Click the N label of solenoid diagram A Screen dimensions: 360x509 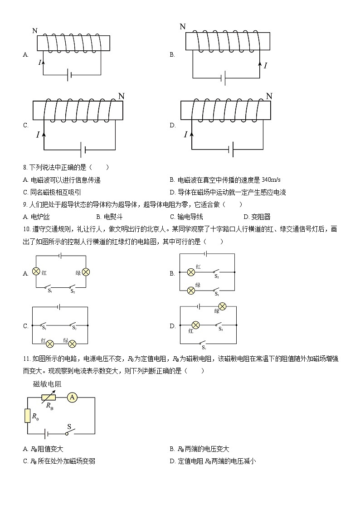35,31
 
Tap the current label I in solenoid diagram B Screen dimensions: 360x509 265,66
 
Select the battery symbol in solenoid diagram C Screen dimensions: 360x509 83,150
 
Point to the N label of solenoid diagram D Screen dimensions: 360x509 269,96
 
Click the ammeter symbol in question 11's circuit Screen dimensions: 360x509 72,398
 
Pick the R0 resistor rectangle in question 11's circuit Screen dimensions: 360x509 27,416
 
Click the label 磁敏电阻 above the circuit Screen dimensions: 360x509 48,384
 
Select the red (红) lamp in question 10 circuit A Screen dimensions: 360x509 37,272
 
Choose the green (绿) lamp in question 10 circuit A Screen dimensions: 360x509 85,272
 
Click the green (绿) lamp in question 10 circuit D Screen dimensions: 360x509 222,306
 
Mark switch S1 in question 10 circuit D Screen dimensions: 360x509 204,344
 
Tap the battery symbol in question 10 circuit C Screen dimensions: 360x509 59,307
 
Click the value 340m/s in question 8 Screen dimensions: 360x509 272,180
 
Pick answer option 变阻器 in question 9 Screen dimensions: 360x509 261,217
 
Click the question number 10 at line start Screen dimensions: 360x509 25,229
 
